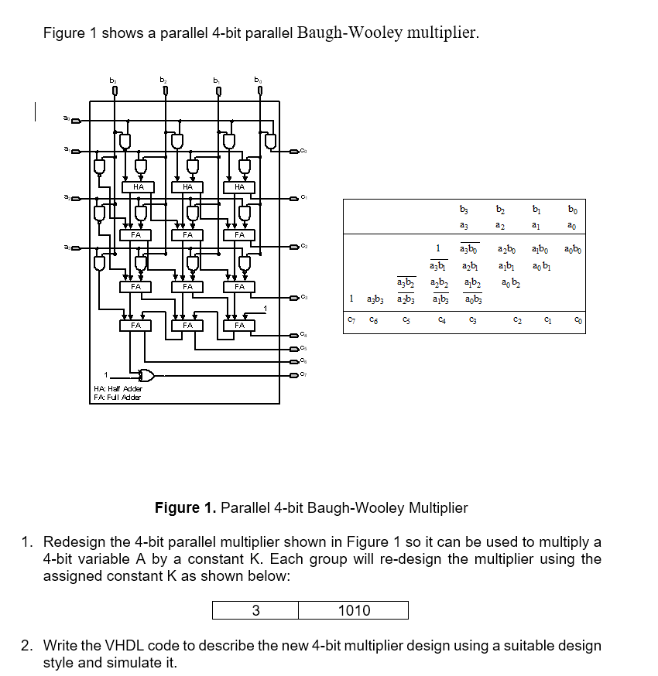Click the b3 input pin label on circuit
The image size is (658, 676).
tap(114, 80)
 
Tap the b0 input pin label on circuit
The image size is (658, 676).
tap(259, 80)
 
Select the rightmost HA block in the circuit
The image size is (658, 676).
tap(239, 186)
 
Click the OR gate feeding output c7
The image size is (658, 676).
tap(143, 376)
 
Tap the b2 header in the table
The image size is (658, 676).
tap(500, 209)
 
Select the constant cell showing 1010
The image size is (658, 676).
tap(354, 610)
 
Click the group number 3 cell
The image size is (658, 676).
tap(255, 610)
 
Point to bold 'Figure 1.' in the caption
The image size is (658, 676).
tap(186, 507)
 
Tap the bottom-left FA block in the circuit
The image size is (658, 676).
tap(136, 326)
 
